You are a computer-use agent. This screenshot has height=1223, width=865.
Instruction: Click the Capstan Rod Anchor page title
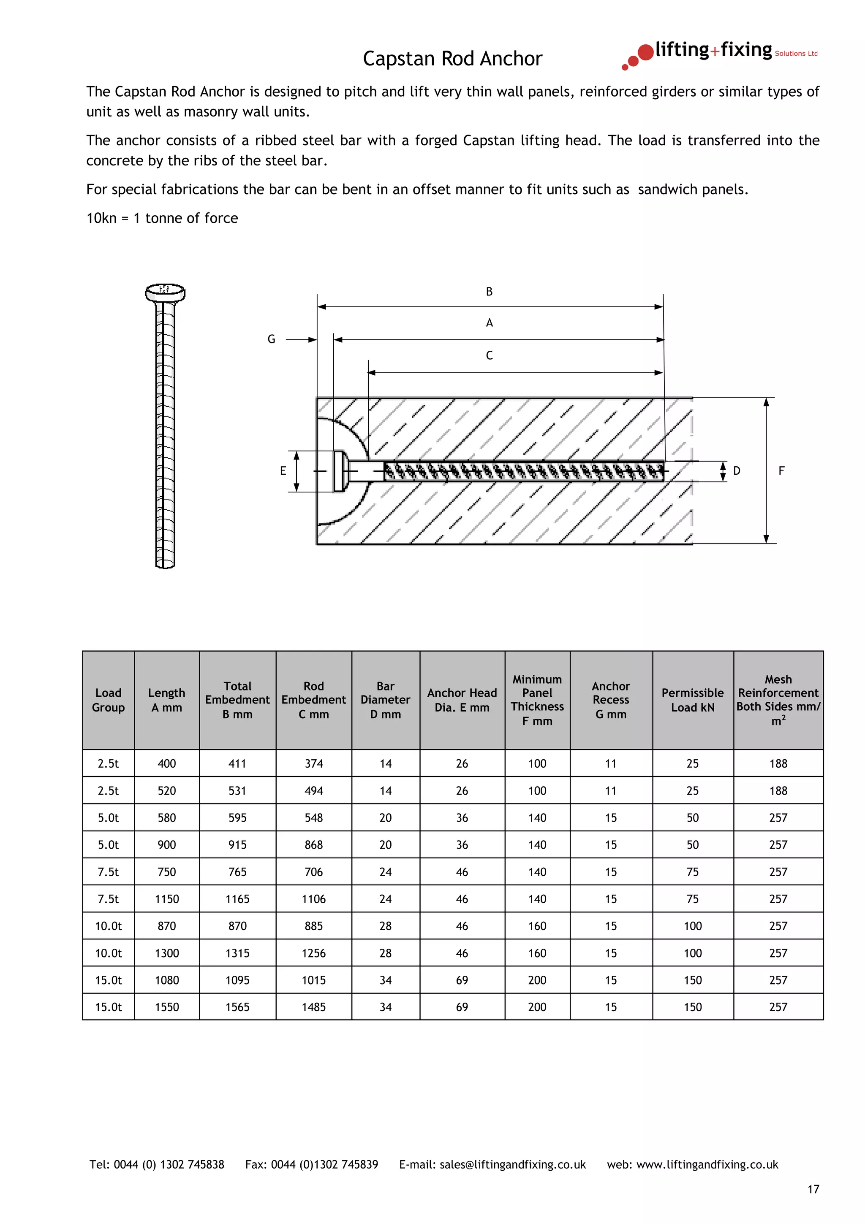(452, 59)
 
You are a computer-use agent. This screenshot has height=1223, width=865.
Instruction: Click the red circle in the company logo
(645, 52)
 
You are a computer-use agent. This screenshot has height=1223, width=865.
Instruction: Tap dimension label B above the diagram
(489, 291)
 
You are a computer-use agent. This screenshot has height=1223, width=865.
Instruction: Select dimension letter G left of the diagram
(271, 339)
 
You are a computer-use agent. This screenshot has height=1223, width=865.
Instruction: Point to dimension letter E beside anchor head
(283, 471)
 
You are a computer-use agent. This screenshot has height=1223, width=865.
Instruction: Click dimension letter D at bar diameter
(737, 471)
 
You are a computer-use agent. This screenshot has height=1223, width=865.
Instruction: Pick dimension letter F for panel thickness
(781, 471)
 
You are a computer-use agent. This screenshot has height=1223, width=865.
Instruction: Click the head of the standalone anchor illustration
(165, 292)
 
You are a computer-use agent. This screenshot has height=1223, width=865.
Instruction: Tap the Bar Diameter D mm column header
(385, 700)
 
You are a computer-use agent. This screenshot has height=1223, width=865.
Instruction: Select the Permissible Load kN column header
(692, 700)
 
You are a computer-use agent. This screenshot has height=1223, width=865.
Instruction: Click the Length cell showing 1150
(167, 899)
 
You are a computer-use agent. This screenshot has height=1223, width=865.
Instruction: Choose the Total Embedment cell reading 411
(237, 764)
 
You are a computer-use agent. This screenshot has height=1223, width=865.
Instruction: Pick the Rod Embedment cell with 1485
(313, 1007)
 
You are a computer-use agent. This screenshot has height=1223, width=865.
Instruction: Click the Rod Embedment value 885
(313, 926)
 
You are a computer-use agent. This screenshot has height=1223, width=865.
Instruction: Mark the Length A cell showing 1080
(167, 980)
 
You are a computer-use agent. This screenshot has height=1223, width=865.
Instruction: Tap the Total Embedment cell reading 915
(237, 845)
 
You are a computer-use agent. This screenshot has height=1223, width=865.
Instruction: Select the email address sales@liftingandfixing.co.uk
(512, 1165)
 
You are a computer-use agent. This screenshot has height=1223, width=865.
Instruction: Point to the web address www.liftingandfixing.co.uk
(707, 1165)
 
